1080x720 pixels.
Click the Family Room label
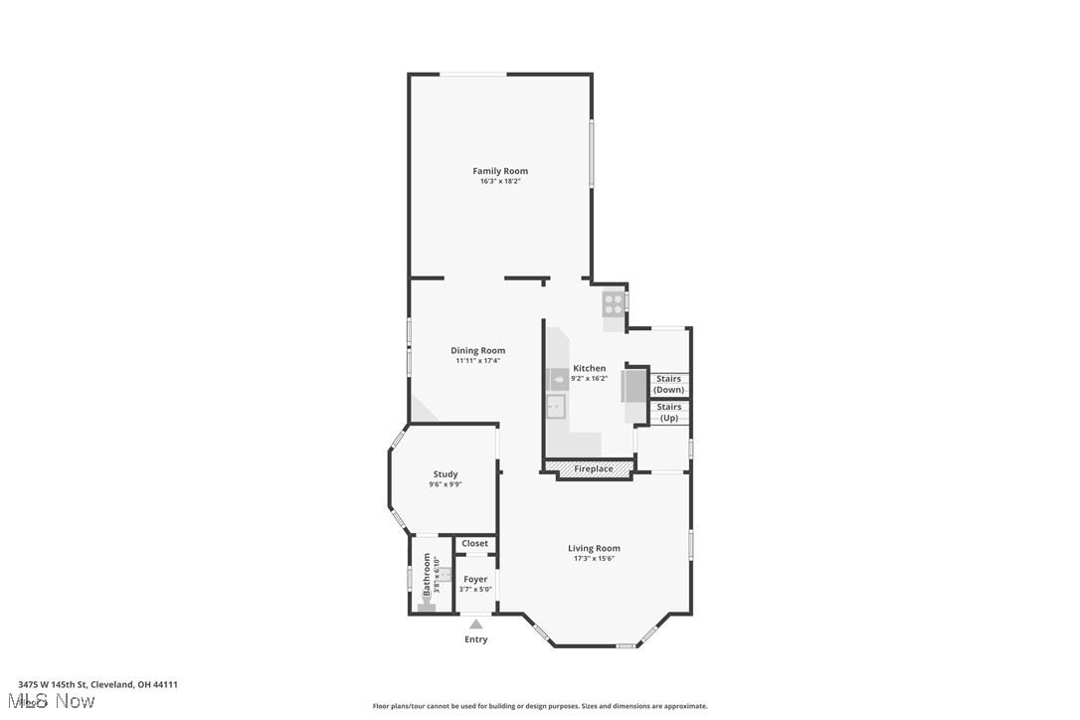click(500, 171)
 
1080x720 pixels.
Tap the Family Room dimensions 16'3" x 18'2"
click(500, 181)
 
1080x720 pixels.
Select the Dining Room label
click(477, 350)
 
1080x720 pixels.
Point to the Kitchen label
click(589, 368)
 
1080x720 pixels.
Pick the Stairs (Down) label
click(668, 384)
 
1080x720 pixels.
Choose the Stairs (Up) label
click(669, 412)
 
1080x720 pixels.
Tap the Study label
click(446, 474)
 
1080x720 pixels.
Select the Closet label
click(475, 543)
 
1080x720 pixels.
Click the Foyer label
click(475, 579)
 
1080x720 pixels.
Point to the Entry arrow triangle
click(476, 625)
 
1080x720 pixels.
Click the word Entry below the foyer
click(476, 639)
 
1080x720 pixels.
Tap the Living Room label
click(594, 548)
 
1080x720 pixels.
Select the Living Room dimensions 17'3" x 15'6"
click(594, 558)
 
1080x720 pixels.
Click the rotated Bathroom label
click(428, 575)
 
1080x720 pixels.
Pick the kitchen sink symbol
click(555, 406)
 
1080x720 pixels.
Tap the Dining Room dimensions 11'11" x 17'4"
click(477, 360)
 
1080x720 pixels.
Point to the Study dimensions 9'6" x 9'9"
click(446, 484)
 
